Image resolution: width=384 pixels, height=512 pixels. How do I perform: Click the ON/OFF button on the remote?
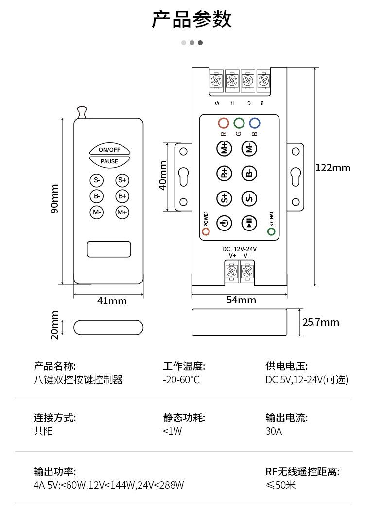(109, 149)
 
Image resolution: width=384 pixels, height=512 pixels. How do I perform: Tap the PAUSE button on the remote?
(109, 161)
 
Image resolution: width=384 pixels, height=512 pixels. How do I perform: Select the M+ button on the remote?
(122, 212)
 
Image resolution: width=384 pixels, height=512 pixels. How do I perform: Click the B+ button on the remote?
(122, 196)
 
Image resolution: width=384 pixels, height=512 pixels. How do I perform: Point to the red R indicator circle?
(223, 123)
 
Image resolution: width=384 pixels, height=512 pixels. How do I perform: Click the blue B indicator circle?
(254, 123)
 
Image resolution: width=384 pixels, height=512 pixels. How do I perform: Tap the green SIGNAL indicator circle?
(271, 231)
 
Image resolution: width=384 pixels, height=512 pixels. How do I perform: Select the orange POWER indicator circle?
(206, 231)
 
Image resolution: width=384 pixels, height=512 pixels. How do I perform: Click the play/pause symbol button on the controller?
(249, 223)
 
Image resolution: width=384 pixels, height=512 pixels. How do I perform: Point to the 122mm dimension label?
(333, 168)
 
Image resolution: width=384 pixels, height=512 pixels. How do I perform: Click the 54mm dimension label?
(241, 300)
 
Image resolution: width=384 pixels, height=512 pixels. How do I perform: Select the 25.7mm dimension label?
(321, 322)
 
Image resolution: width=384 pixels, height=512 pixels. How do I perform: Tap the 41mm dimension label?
(112, 301)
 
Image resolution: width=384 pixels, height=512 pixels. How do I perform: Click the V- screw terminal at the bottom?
(247, 271)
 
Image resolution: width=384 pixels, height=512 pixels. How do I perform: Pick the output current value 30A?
(274, 431)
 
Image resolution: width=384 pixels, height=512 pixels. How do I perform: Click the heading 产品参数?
(192, 20)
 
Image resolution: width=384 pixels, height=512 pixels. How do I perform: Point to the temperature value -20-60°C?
(181, 380)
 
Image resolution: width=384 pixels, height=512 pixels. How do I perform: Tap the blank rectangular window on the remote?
(109, 249)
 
